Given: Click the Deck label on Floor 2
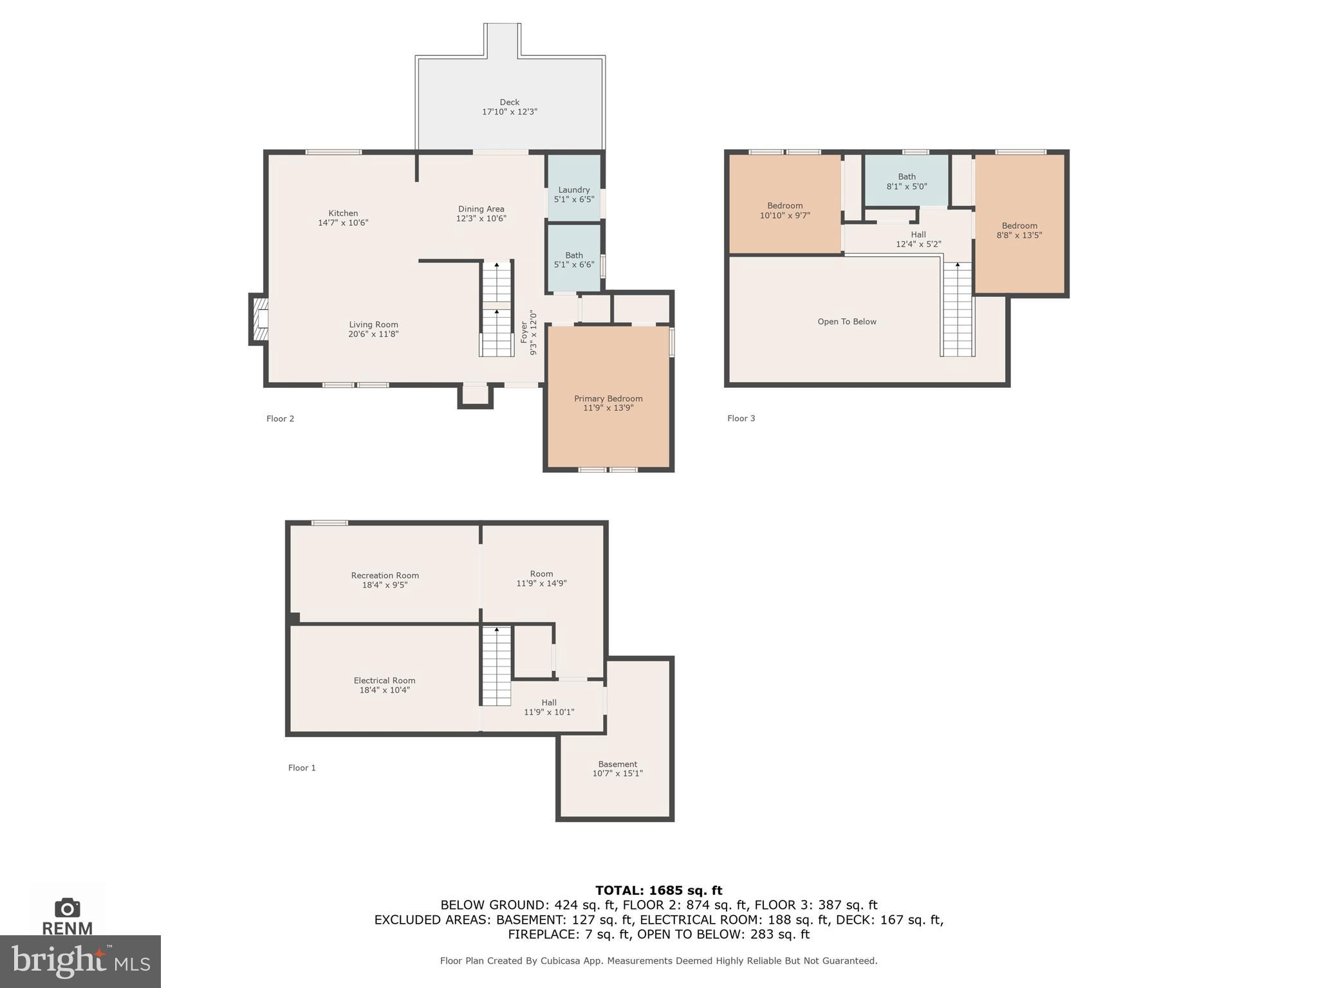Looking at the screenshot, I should pyautogui.click(x=509, y=102).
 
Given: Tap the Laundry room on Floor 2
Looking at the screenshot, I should pyautogui.click(x=573, y=194).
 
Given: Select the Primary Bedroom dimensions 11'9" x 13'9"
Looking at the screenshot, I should pyautogui.click(x=608, y=408).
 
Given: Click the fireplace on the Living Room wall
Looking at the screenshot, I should pyautogui.click(x=259, y=320).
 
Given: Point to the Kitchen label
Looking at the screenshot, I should pyautogui.click(x=343, y=213).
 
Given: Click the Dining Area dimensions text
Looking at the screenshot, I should pyautogui.click(x=481, y=219).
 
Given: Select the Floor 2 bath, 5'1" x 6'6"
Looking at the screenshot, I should pyautogui.click(x=573, y=260).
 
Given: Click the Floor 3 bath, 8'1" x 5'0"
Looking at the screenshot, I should pyautogui.click(x=906, y=181).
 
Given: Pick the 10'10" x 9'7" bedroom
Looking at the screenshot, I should pyautogui.click(x=784, y=211).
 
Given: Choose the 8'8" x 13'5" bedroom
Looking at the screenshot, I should pyautogui.click(x=1019, y=230).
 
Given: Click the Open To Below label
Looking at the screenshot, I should pyautogui.click(x=846, y=322).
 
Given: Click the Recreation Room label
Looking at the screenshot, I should pyautogui.click(x=385, y=576).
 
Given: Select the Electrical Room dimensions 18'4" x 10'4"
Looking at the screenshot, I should pyautogui.click(x=384, y=690).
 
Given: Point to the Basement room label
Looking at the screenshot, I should pyautogui.click(x=617, y=764).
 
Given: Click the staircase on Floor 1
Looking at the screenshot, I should pyautogui.click(x=496, y=666).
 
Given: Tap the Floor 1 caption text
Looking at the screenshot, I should pyautogui.click(x=302, y=767).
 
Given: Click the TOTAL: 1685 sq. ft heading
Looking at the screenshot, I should pyautogui.click(x=658, y=890).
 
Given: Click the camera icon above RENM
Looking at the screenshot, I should pyautogui.click(x=68, y=908).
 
